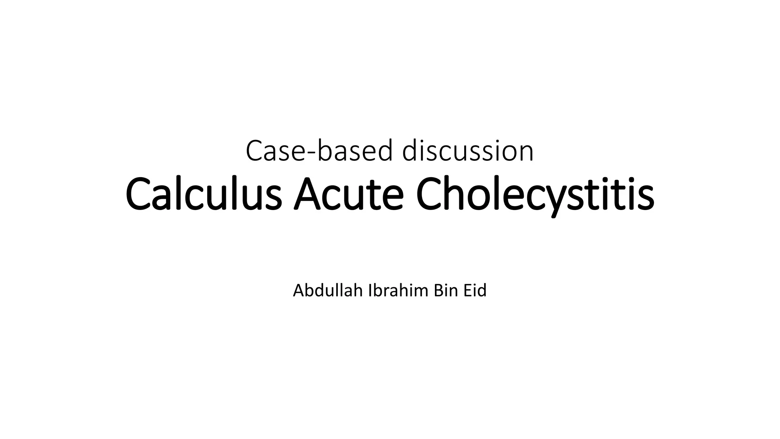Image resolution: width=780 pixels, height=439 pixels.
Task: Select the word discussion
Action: (x=468, y=151)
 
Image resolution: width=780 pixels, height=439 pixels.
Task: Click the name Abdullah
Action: (x=328, y=291)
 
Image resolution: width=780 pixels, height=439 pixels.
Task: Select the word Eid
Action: (x=475, y=291)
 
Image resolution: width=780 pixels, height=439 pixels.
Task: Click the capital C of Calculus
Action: (x=138, y=194)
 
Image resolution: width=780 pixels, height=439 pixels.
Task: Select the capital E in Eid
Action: (x=467, y=291)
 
